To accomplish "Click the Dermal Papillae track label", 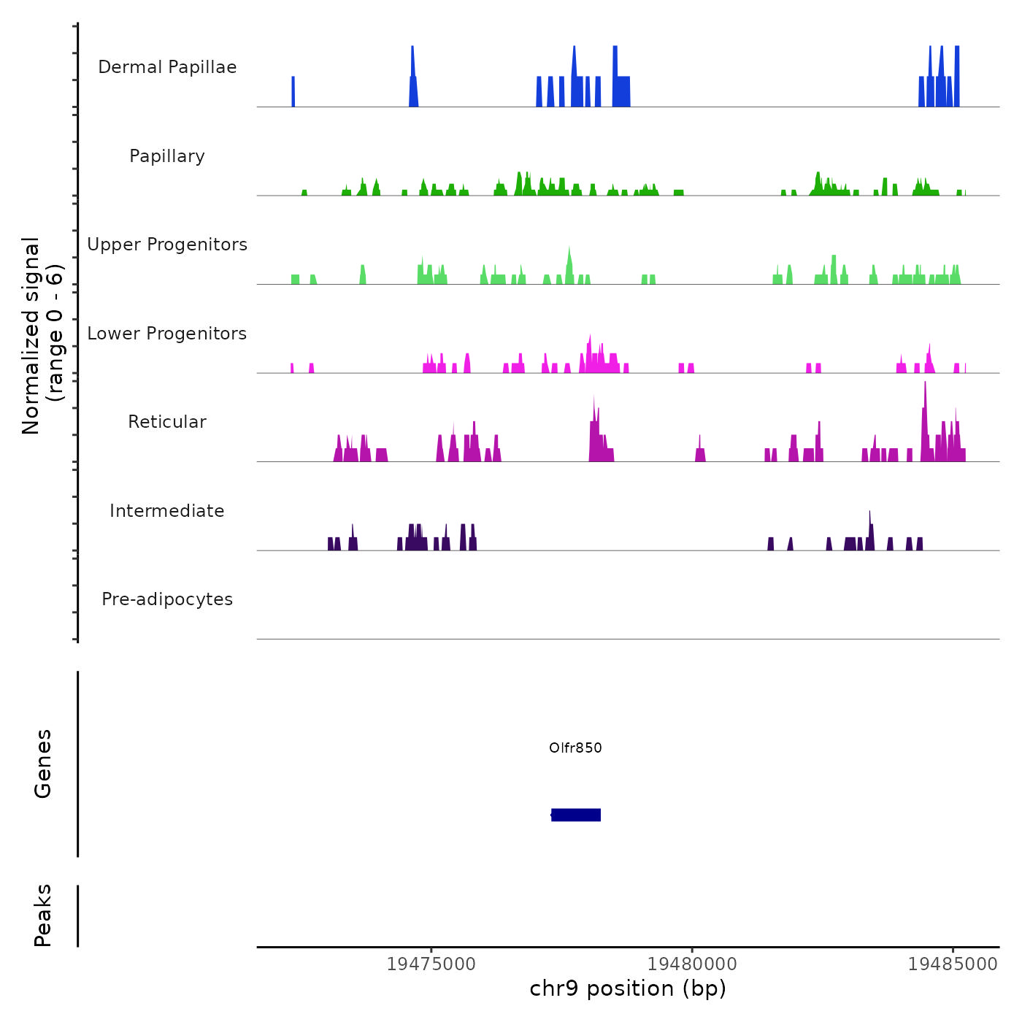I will (x=167, y=67).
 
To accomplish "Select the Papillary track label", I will (x=167, y=156).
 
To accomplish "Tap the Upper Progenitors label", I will (x=167, y=245).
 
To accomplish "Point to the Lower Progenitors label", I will (x=167, y=334).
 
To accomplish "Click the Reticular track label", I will (x=167, y=422).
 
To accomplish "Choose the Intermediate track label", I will (x=167, y=511).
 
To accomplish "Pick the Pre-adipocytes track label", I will (x=167, y=599).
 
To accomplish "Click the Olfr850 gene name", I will (x=575, y=748).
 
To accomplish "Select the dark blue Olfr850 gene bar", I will (x=576, y=815).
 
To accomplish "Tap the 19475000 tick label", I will (x=431, y=964).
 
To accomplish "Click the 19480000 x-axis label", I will (x=692, y=964).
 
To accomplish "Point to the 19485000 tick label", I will (x=953, y=964).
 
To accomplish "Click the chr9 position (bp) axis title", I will (x=628, y=988).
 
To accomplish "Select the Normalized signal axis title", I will (x=42, y=335).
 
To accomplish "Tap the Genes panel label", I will (x=43, y=764).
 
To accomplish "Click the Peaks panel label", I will (x=43, y=915).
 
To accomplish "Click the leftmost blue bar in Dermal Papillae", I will (x=293, y=91).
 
